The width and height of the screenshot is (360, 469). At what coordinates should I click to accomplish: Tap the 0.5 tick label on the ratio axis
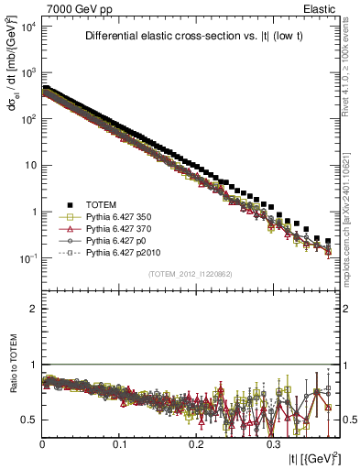(x=30, y=420)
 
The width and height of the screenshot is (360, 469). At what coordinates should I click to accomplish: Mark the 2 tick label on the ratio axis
(x=33, y=309)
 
